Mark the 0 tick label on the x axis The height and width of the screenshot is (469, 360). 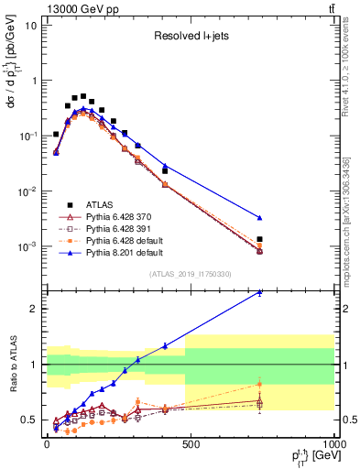(47, 444)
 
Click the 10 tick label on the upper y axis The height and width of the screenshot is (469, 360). (29, 26)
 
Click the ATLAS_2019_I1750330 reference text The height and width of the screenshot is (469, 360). (191, 273)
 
